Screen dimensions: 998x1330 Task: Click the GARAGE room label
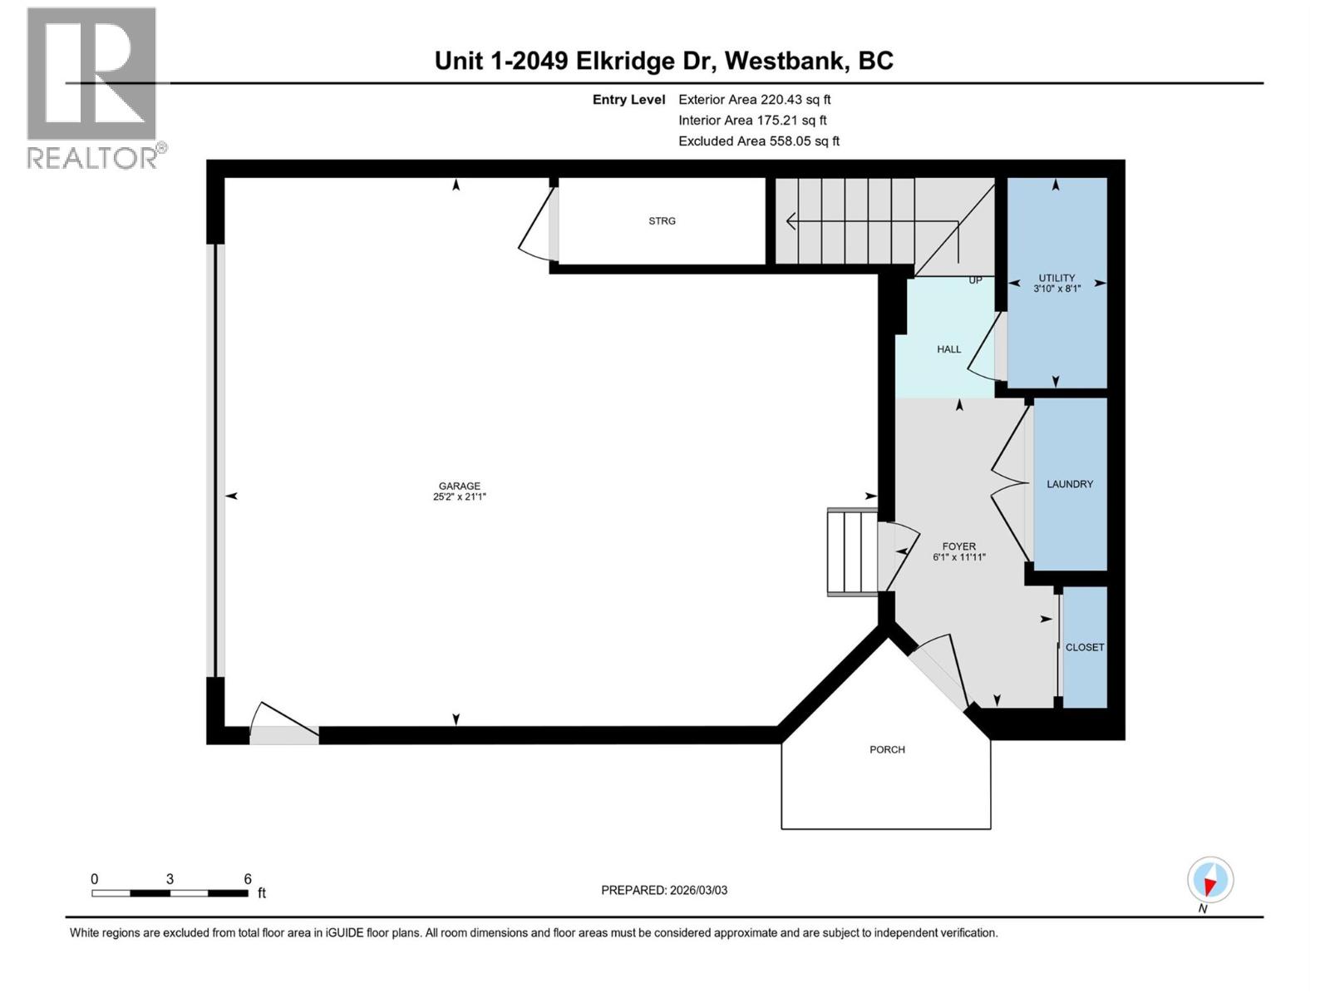click(460, 486)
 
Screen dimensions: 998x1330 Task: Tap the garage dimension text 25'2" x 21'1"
click(460, 497)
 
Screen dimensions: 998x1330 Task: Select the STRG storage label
click(662, 221)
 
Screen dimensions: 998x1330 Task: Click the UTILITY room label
click(1057, 278)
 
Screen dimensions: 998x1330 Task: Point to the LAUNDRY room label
click(1069, 484)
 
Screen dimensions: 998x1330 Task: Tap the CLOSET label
click(1084, 647)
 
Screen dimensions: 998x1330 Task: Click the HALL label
click(948, 349)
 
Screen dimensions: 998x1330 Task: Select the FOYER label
click(958, 546)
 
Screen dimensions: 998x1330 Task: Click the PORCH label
click(887, 750)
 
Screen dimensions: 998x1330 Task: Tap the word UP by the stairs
click(975, 280)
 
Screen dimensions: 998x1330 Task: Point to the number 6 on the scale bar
click(248, 879)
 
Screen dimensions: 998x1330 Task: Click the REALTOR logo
click(92, 87)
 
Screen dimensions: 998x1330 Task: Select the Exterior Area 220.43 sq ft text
click(754, 99)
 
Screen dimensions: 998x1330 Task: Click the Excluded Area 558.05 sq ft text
click(758, 141)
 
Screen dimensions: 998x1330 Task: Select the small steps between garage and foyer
click(851, 552)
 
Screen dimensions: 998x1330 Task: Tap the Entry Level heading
click(628, 100)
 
